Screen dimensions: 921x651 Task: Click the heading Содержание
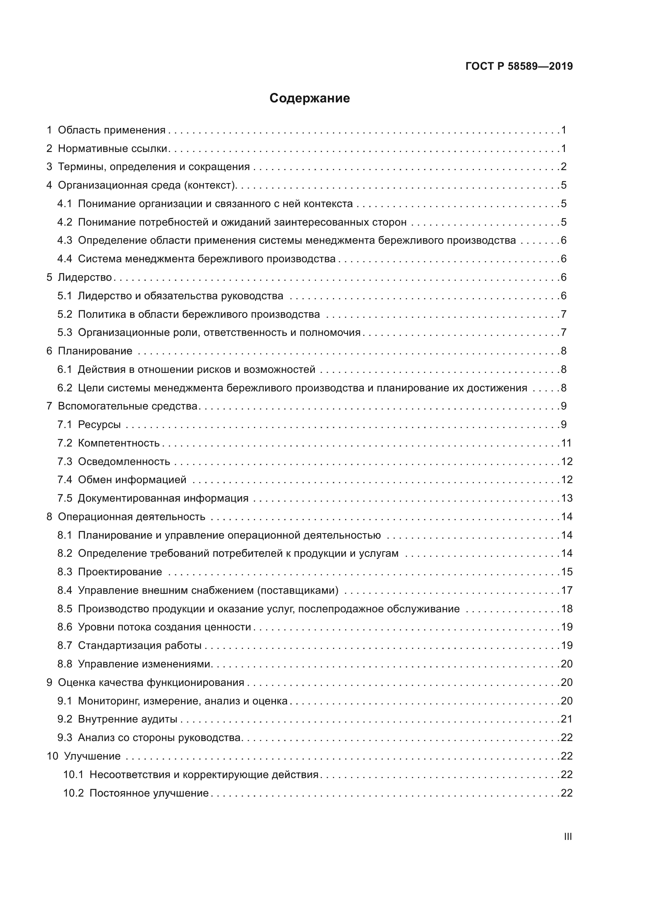click(x=309, y=98)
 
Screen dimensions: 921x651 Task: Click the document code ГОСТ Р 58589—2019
click(x=519, y=66)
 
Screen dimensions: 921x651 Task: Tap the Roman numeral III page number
click(x=568, y=837)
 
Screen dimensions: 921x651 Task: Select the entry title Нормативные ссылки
click(x=112, y=148)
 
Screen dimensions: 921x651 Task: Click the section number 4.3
click(x=65, y=240)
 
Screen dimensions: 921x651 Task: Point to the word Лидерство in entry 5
click(x=85, y=277)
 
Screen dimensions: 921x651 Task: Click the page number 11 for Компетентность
click(x=566, y=443)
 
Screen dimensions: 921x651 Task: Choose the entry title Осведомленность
click(x=124, y=461)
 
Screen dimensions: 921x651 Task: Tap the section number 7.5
click(x=65, y=498)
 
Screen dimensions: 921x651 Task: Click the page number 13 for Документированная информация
click(x=567, y=498)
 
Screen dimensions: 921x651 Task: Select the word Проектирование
click(x=120, y=572)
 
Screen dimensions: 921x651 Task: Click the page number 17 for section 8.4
click(x=567, y=590)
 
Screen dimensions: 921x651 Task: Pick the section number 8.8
click(x=65, y=664)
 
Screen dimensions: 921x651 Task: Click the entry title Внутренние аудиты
click(x=128, y=719)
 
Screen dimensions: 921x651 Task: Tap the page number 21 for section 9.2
click(x=567, y=719)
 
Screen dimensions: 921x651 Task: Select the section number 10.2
click(x=73, y=793)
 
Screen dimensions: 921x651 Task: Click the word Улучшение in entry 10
click(x=92, y=756)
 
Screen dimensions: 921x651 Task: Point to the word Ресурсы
click(x=100, y=424)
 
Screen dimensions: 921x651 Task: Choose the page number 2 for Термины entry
click(x=564, y=167)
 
